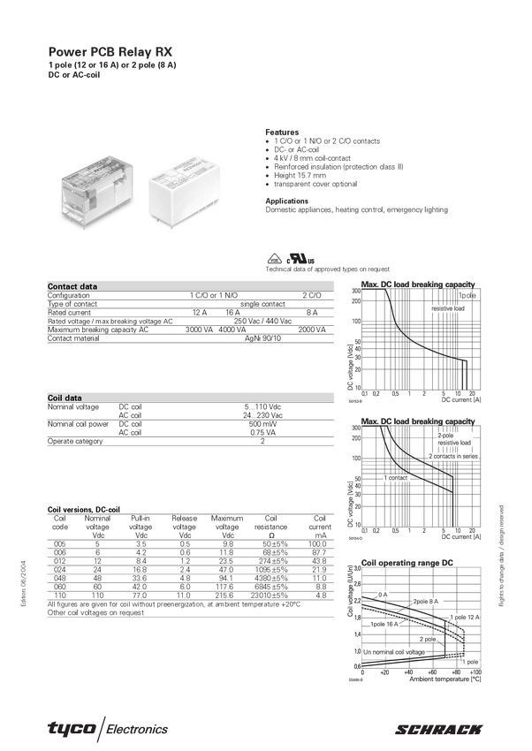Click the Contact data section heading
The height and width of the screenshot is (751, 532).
pyautogui.click(x=72, y=287)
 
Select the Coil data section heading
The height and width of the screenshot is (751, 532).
pyautogui.click(x=65, y=398)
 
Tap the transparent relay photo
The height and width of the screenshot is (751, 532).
pyautogui.click(x=95, y=193)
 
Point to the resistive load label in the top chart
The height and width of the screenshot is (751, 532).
pyautogui.click(x=449, y=309)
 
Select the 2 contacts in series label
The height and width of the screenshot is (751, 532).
pyautogui.click(x=453, y=456)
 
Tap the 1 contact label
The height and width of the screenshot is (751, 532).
pyautogui.click(x=396, y=478)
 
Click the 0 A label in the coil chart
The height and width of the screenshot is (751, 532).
pyautogui.click(x=382, y=595)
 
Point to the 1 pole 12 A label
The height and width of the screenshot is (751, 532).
pyautogui.click(x=464, y=617)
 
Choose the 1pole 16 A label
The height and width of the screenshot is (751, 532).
pyautogui.click(x=384, y=624)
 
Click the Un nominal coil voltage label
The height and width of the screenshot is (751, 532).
pyautogui.click(x=394, y=651)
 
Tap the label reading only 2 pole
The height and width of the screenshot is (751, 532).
pyautogui.click(x=427, y=638)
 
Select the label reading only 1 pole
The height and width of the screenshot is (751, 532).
pyautogui.click(x=470, y=661)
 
